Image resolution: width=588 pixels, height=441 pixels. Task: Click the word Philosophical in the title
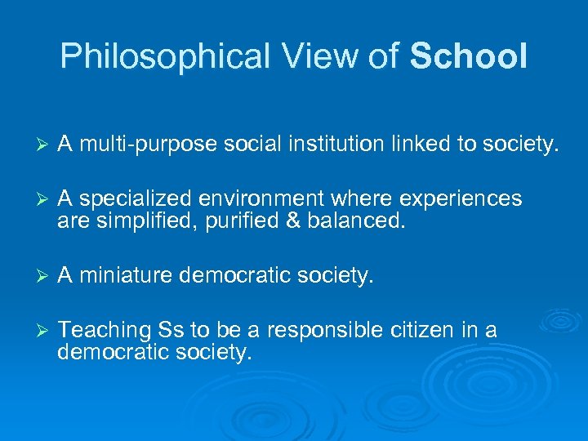pos(164,56)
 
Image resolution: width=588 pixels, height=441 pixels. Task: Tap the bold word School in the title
pos(469,56)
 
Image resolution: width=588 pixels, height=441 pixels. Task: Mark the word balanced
pos(355,221)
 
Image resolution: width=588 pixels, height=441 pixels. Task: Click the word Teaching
pos(105,331)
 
